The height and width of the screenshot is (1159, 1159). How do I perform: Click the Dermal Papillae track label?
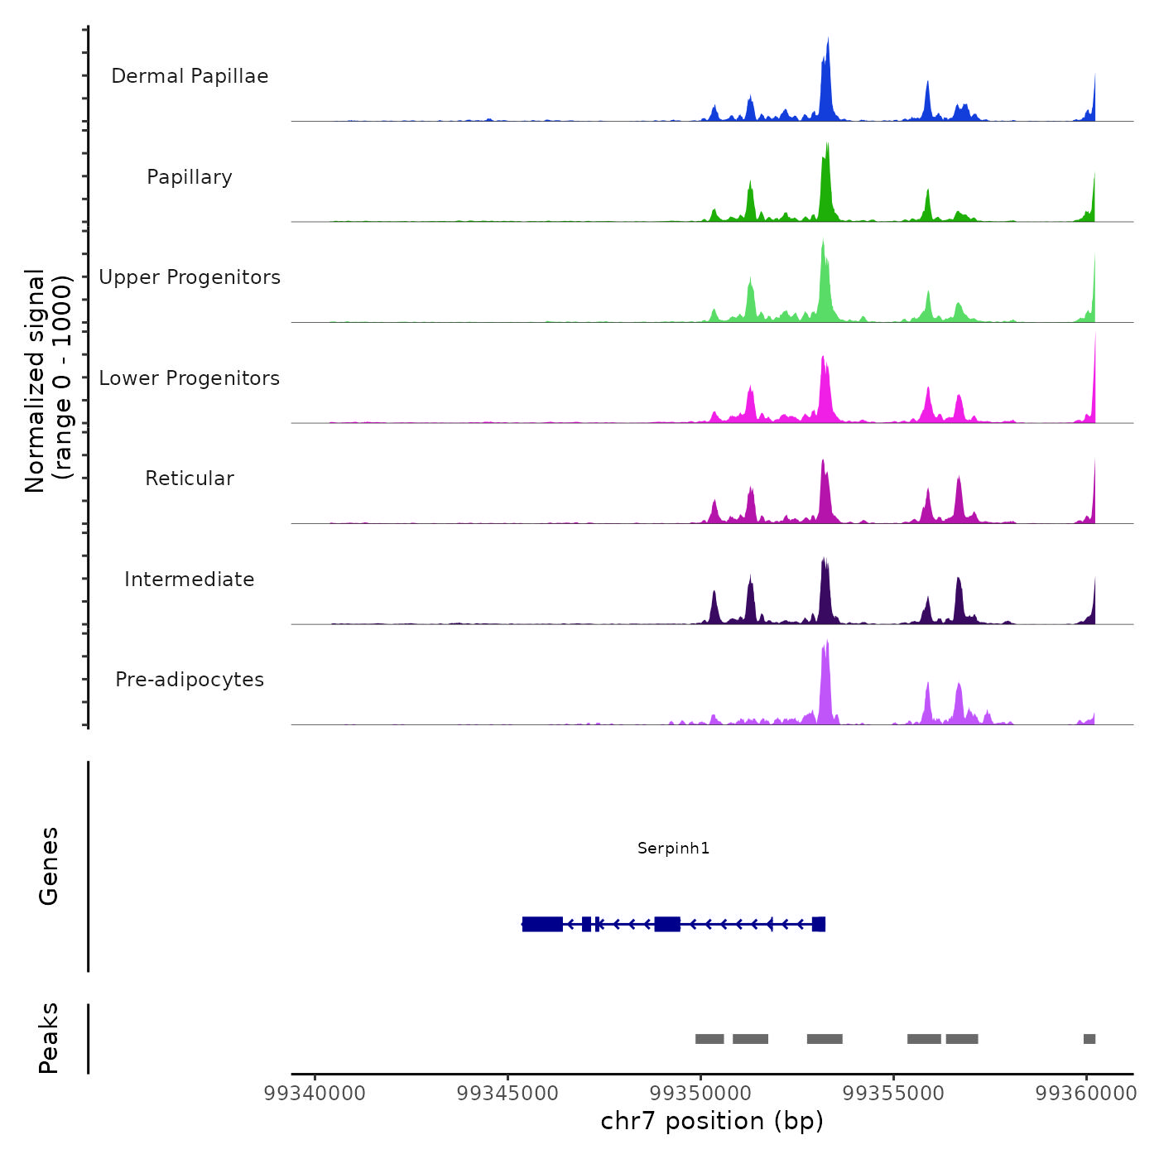click(190, 76)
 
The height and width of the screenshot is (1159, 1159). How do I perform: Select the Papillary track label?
click(190, 177)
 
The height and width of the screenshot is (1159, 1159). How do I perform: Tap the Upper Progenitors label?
click(190, 277)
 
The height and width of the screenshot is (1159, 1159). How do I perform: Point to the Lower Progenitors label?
click(190, 378)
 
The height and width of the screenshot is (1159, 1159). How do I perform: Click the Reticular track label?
click(190, 479)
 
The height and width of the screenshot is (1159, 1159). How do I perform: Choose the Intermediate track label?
click(190, 579)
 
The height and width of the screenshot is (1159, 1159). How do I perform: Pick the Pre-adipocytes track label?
click(190, 680)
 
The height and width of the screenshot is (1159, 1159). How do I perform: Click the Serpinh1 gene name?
click(673, 848)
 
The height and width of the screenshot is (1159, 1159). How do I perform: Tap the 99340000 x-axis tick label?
click(315, 1093)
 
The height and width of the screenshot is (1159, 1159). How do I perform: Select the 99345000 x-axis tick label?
click(507, 1093)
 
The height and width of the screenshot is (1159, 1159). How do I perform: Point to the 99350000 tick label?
click(700, 1093)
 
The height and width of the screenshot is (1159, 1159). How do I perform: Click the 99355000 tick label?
click(893, 1093)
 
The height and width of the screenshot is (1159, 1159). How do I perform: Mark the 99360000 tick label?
click(1086, 1093)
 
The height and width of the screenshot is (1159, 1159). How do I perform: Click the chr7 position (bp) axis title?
click(712, 1121)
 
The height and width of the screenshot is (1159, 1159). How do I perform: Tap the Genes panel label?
click(49, 866)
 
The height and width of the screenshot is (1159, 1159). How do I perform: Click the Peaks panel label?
click(49, 1038)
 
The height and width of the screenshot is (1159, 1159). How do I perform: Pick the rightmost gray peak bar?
click(1089, 1039)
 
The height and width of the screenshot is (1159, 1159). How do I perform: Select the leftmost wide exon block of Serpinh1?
click(542, 924)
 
